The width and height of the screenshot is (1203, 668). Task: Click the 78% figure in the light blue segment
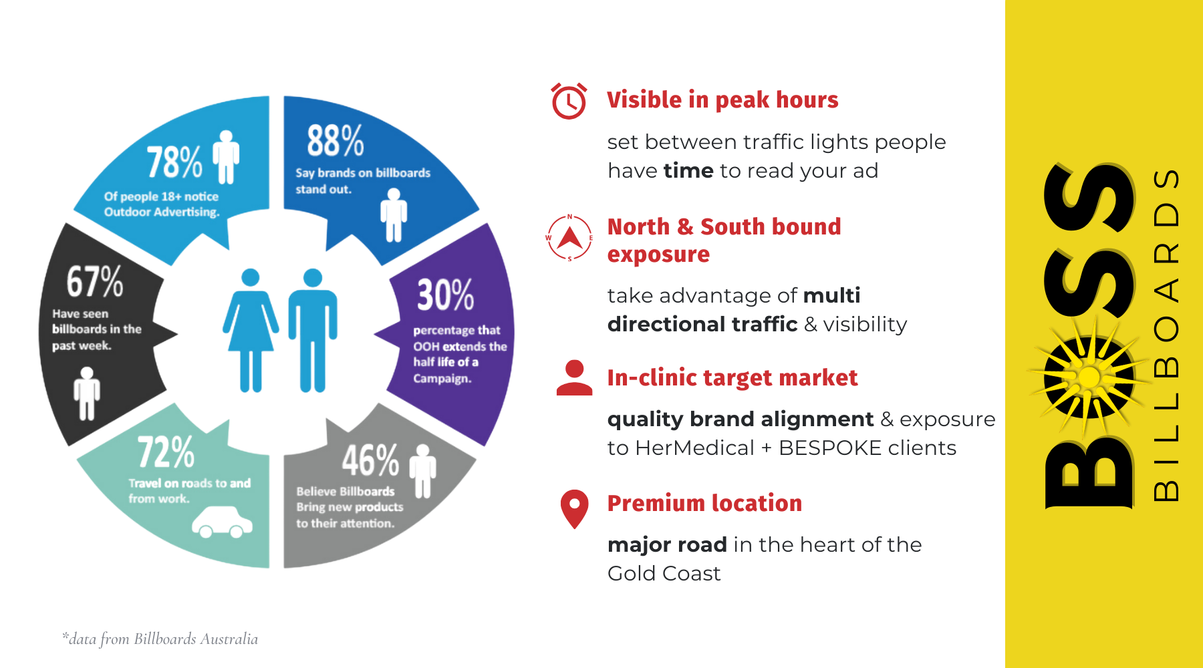point(174,162)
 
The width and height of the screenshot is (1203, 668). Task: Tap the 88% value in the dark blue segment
point(336,140)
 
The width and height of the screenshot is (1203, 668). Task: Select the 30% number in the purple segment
point(446,295)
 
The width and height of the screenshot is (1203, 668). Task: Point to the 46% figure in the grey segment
point(371,460)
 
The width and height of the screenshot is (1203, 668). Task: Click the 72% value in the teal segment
point(166,452)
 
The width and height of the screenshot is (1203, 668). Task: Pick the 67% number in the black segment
point(95,281)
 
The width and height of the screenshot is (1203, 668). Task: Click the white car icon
point(222,522)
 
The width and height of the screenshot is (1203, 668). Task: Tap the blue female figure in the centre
point(251,330)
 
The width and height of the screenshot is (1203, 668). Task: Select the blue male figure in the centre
point(313,330)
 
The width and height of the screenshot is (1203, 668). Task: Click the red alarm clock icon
point(569,101)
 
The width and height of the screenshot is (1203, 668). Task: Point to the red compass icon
point(569,238)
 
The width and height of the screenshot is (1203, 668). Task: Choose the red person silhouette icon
point(574,378)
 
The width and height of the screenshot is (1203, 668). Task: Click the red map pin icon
point(574,509)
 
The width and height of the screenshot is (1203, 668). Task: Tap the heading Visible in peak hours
point(722,100)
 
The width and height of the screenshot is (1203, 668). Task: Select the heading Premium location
point(704,503)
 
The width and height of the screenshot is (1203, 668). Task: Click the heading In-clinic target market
point(732,378)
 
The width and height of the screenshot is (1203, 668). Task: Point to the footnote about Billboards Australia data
point(160,639)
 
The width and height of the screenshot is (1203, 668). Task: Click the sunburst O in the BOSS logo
point(1089,377)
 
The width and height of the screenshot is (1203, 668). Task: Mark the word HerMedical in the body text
point(694,448)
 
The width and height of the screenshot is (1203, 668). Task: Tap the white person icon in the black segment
point(87,393)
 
